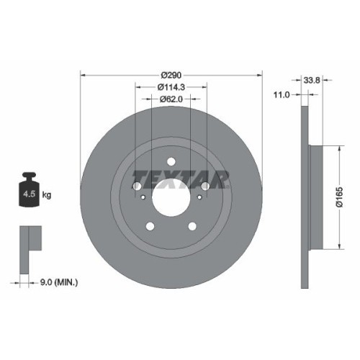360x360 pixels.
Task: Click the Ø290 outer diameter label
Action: pos(171,74)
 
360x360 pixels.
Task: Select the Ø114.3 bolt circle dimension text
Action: pos(171,86)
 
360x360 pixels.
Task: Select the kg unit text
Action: pos(48,195)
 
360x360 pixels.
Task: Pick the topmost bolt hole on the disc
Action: pos(171,162)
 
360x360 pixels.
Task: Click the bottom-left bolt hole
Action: pos(150,226)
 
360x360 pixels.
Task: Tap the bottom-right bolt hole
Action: pos(192,226)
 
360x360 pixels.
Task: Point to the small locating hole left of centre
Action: pos(143,199)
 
